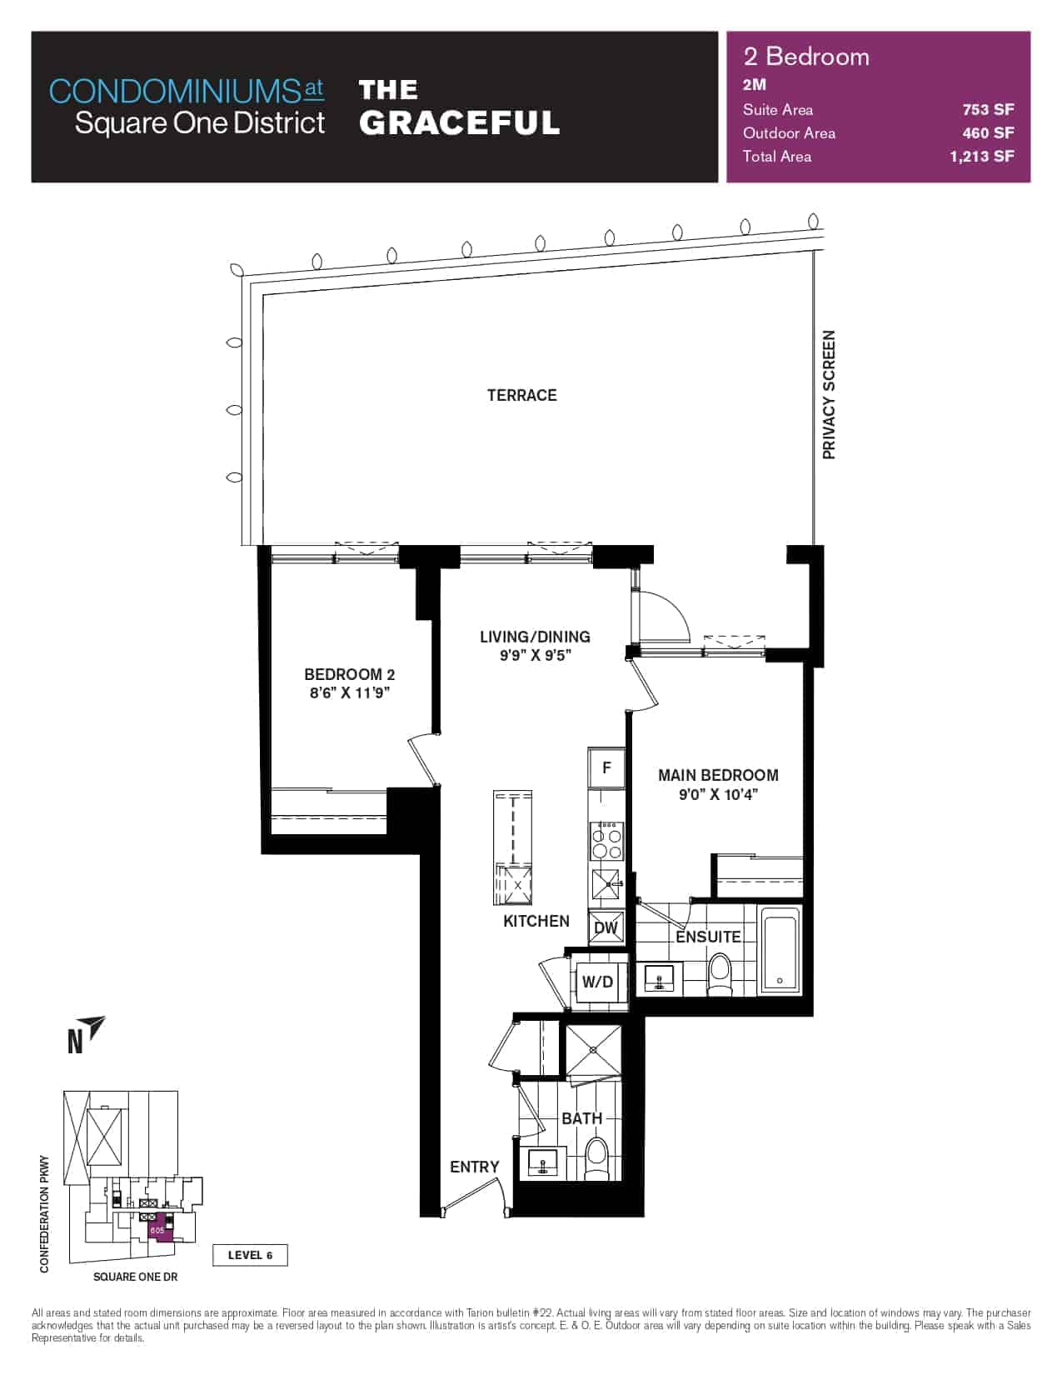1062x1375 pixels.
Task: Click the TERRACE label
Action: pos(521,396)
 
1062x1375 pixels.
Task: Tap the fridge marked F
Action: pos(606,768)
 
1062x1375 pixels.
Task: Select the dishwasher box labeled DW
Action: pos(606,928)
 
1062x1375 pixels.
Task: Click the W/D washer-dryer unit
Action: pos(598,982)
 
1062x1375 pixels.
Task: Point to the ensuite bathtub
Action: pos(780,950)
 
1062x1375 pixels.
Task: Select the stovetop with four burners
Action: pos(606,841)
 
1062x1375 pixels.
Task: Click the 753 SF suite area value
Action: pos(988,109)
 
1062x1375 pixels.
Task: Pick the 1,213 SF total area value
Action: pos(982,157)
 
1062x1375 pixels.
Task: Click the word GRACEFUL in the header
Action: pos(459,122)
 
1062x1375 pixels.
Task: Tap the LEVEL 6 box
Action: pos(250,1255)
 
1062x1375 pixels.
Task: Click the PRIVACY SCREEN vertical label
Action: pos(829,394)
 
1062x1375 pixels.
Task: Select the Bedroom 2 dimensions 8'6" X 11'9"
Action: pos(349,692)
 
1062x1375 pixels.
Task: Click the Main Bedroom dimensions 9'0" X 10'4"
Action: pos(718,795)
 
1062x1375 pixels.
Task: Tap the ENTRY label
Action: pos(475,1167)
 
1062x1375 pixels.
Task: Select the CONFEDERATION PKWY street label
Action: pos(43,1213)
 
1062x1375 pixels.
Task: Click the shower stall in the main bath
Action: pos(593,1050)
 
